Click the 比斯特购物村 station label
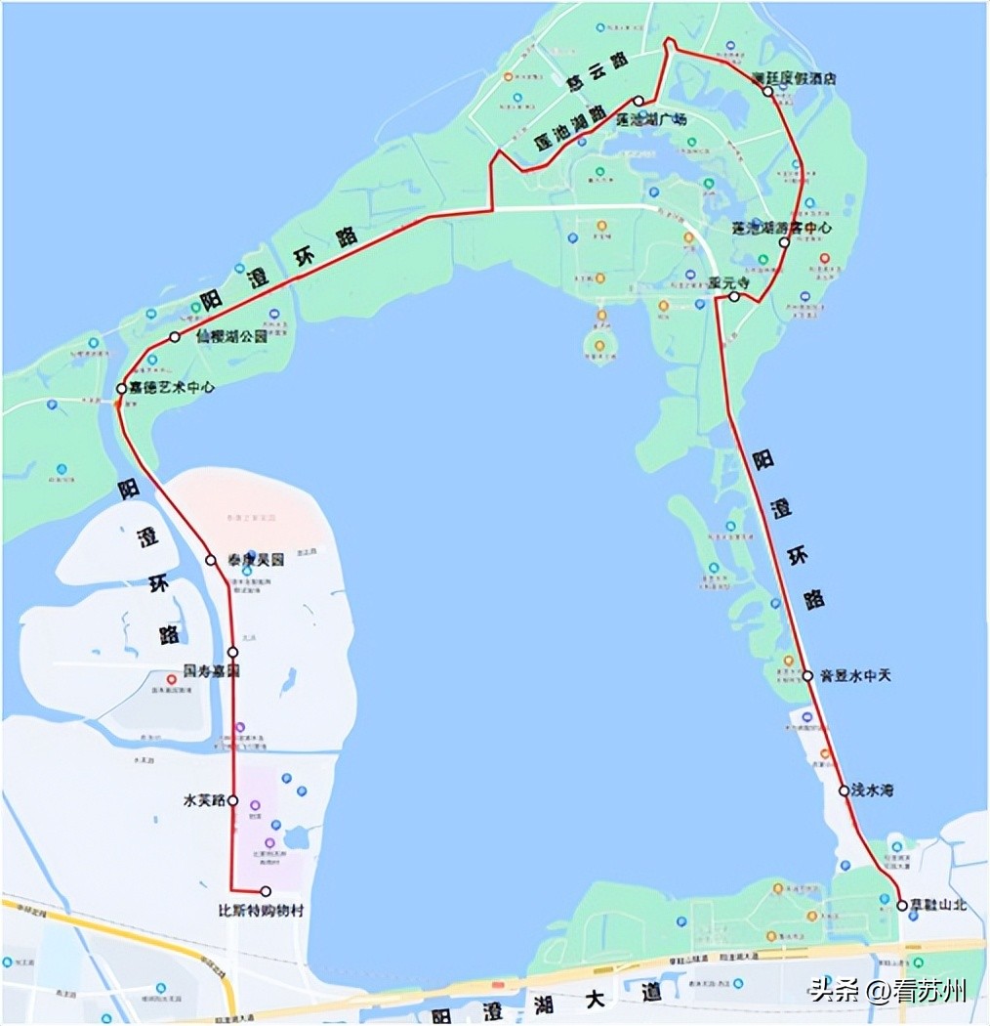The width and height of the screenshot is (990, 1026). (x=261, y=911)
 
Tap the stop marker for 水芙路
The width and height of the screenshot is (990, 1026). (x=233, y=800)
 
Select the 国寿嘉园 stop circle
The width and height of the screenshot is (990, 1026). (x=232, y=652)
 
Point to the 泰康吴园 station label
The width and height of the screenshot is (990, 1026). (x=256, y=561)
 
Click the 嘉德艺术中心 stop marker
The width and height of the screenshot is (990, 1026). (x=122, y=388)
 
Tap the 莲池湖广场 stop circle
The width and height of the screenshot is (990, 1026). (x=639, y=101)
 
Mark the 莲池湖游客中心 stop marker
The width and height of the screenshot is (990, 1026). (x=784, y=241)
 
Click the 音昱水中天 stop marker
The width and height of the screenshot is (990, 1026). (x=807, y=675)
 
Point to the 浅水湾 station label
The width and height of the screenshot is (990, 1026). (x=872, y=790)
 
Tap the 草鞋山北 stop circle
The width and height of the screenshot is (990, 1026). (x=902, y=905)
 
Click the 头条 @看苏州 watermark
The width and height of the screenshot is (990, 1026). (x=887, y=991)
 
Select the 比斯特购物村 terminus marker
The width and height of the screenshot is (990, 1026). (x=266, y=891)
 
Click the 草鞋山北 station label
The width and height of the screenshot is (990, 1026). (x=938, y=905)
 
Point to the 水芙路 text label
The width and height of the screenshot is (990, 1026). (x=205, y=800)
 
